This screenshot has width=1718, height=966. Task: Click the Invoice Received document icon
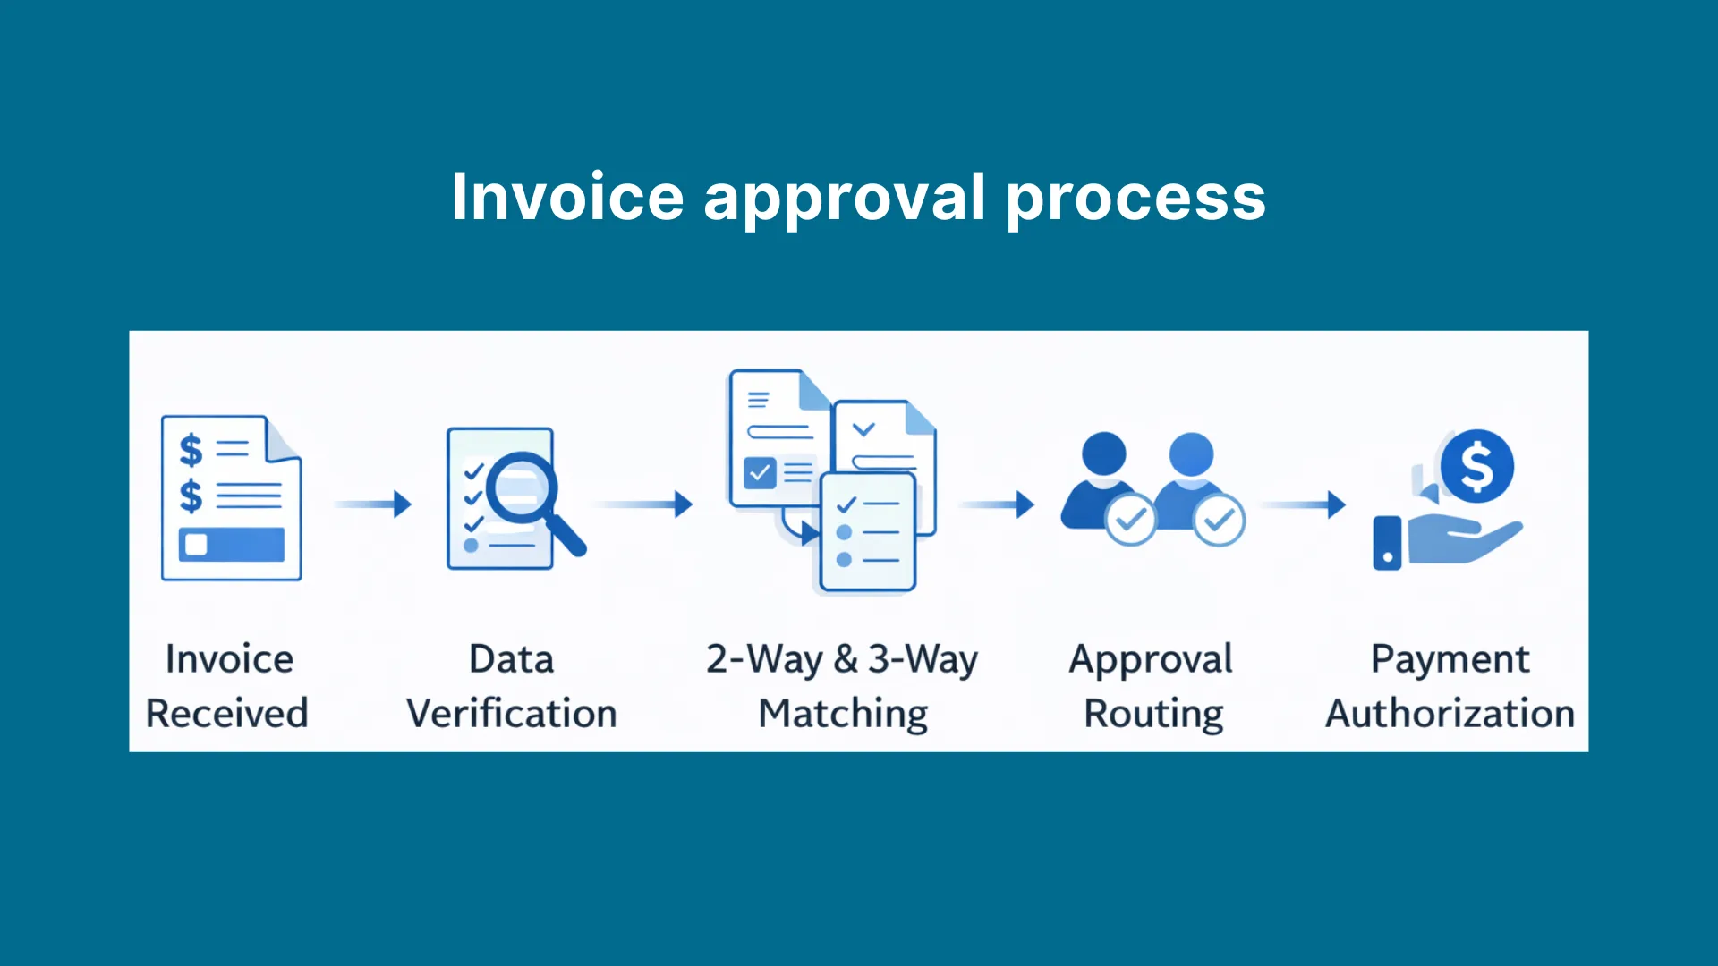coord(231,497)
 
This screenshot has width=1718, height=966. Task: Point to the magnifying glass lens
coord(522,487)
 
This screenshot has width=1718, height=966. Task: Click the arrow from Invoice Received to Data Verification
coord(373,504)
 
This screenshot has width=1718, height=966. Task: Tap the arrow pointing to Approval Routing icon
coord(997,504)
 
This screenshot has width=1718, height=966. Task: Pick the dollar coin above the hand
coord(1476,466)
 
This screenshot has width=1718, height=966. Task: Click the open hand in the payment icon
coord(1464,540)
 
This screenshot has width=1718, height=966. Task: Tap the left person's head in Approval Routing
coord(1103,454)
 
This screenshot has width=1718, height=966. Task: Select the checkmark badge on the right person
coord(1219,519)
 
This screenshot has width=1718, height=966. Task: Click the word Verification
coord(512,713)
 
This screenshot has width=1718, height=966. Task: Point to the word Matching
coord(843,715)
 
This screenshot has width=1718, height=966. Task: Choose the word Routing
coord(1153,715)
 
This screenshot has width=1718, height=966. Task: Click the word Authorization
coord(1450,713)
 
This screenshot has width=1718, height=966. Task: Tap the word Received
coord(227,713)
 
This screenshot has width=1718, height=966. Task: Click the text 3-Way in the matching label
coord(923,660)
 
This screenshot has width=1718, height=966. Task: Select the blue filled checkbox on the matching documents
coord(760,472)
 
